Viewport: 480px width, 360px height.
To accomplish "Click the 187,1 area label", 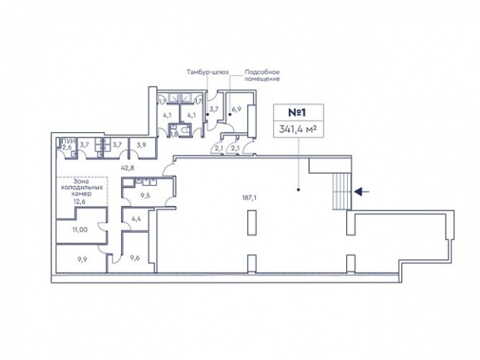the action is coord(249,198).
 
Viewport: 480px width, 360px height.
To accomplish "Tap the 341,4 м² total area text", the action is coord(298,129).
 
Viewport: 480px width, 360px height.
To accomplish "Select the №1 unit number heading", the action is coord(297,112).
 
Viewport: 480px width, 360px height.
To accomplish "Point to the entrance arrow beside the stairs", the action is coord(361,192).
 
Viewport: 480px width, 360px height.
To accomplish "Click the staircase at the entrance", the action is coord(342,192).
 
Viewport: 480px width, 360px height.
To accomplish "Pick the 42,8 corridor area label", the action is coord(128,168).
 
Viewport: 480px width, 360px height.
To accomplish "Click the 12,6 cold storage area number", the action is coord(79,201).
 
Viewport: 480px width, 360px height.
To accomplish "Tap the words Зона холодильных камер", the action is coord(81,187).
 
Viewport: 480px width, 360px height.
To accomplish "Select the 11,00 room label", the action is coord(80,229).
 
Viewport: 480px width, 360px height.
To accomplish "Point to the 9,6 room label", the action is coord(135,258).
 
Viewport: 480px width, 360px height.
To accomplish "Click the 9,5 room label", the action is coord(145,195).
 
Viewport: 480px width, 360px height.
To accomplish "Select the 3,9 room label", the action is coord(141,145).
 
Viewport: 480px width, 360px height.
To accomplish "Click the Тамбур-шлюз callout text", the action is coord(207,72).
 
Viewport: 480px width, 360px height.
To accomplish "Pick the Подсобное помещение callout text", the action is coord(262,76).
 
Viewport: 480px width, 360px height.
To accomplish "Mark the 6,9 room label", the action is coord(237,108).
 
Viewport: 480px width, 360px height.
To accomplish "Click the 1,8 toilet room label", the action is coord(174,134).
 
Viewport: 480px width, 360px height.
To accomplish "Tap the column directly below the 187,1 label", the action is coord(252,223).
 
